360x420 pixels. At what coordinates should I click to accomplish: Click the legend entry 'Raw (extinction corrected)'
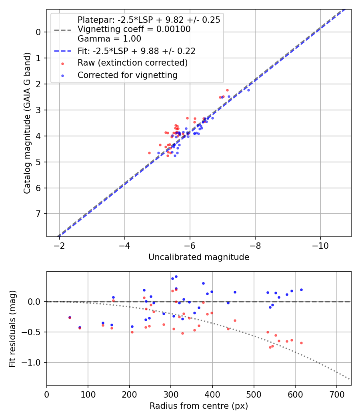tap(132, 63)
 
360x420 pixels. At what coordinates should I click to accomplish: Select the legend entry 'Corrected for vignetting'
tap(127, 75)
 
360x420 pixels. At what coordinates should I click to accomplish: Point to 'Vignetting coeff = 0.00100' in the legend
tap(134, 29)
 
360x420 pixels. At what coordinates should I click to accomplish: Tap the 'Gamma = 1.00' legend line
tap(109, 39)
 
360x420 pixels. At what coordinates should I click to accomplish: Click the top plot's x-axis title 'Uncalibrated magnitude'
tap(199, 257)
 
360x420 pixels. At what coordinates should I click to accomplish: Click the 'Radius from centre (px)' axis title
tap(199, 406)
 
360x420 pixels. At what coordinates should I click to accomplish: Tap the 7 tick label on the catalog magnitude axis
tap(38, 214)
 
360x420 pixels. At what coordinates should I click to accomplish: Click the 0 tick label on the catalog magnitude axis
tap(38, 32)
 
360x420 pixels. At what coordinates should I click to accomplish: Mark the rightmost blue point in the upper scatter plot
tap(248, 90)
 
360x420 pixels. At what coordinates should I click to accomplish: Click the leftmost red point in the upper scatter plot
tap(149, 153)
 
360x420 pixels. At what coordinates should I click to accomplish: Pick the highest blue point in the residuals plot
tap(176, 276)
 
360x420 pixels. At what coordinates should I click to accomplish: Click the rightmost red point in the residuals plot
tap(301, 343)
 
